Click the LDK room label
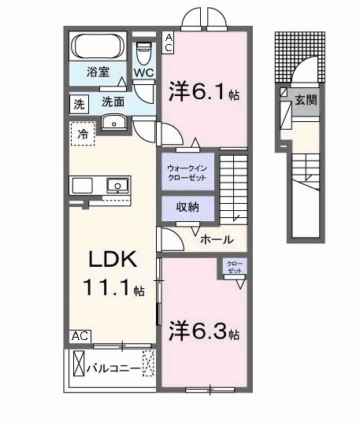[106, 261]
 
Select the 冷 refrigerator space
[83, 135]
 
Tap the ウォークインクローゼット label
[187, 172]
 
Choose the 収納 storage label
[187, 207]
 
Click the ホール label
[216, 239]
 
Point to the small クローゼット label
[235, 266]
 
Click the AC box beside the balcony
[80, 334]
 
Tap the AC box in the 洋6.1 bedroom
[169, 42]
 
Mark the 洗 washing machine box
[79, 103]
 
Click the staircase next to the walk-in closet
[235, 188]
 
